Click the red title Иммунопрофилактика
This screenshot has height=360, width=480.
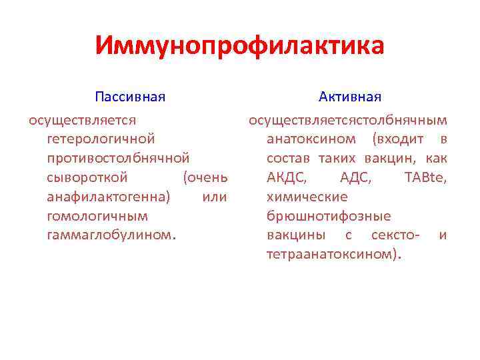pyautogui.click(x=240, y=46)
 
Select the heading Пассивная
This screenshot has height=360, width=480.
pyautogui.click(x=130, y=97)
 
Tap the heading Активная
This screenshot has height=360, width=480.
pyautogui.click(x=350, y=97)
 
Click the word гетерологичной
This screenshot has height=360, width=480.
pyautogui.click(x=101, y=140)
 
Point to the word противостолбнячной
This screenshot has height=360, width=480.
pyautogui.click(x=119, y=159)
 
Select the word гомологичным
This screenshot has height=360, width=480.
pyautogui.click(x=98, y=216)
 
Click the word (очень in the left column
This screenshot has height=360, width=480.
pyautogui.click(x=206, y=178)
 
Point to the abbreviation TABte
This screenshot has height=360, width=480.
pyautogui.click(x=426, y=178)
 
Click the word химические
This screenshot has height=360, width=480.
pyautogui.click(x=307, y=197)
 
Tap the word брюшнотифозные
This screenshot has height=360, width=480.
pyautogui.click(x=329, y=216)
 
